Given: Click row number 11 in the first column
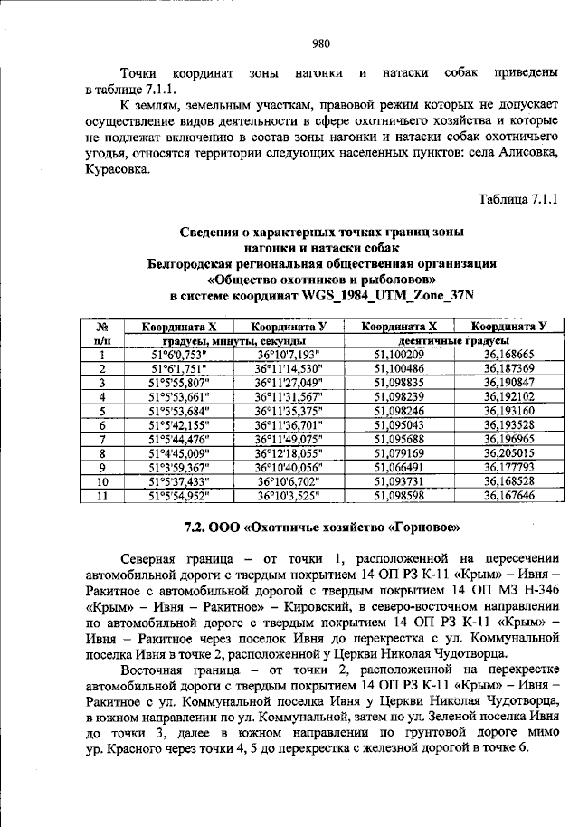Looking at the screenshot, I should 103,495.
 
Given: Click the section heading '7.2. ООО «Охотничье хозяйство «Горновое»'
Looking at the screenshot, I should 322,526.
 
